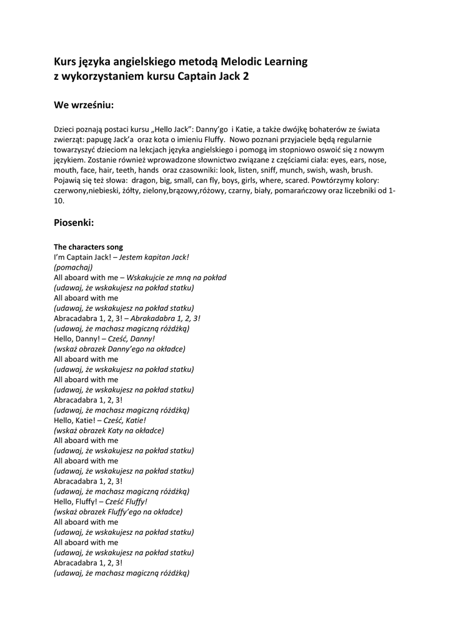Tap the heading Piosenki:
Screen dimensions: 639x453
point(74,222)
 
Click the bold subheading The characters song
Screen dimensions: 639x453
point(88,247)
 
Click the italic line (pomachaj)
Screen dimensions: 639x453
point(73,267)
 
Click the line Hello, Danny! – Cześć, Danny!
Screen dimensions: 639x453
point(104,339)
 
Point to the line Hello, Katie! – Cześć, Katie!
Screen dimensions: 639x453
point(100,420)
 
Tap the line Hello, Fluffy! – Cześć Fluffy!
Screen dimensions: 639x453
point(101,502)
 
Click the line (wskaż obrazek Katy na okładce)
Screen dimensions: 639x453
point(109,431)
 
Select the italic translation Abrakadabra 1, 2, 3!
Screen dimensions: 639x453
point(166,318)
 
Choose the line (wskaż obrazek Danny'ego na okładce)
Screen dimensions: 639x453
point(119,349)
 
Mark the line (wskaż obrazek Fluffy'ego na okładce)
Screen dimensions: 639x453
point(118,512)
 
